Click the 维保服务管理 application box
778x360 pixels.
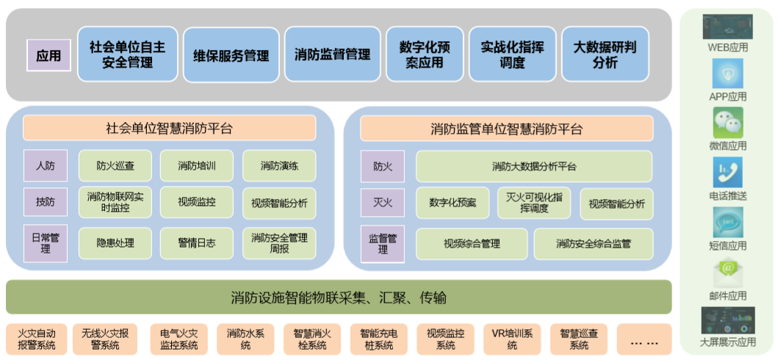[231, 55]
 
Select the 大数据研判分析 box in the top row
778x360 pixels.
[605, 55]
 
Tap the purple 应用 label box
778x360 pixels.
[48, 55]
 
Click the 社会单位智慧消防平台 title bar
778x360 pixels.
[169, 129]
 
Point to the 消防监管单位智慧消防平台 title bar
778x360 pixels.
[506, 129]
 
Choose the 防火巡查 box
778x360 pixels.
[115, 166]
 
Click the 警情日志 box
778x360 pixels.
[196, 243]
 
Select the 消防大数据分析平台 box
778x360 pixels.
[533, 166]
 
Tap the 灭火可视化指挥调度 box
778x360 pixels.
[534, 203]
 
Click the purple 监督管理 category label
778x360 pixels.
[383, 244]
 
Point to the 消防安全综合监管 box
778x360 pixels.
[593, 244]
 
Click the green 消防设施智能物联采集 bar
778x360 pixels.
[339, 298]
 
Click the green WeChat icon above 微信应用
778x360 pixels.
[727, 122]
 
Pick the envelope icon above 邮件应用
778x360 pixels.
[727, 272]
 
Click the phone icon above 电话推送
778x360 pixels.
[727, 172]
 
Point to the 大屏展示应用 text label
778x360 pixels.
[727, 342]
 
